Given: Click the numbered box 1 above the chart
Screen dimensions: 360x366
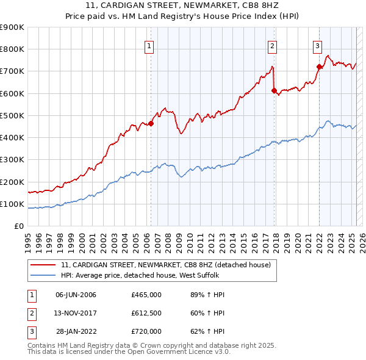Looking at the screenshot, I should (149, 45).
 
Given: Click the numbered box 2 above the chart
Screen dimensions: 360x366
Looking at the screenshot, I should (272, 45).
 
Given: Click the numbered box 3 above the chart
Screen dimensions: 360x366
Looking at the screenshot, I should (318, 45).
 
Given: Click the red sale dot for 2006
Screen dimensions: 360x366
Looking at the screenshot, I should (151, 123).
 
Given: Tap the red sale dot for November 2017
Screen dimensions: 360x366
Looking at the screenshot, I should (274, 91).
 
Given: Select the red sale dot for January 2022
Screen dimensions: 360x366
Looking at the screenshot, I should (319, 67).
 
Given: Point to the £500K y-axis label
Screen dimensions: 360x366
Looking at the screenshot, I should (12, 115).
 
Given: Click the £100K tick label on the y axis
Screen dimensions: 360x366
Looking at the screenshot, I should (12, 204).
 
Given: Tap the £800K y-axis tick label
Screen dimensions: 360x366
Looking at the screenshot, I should (12, 49).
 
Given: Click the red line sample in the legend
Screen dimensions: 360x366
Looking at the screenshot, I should (43, 265).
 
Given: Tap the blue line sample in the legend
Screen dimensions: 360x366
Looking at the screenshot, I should (43, 275).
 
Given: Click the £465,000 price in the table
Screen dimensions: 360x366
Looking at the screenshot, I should (146, 295).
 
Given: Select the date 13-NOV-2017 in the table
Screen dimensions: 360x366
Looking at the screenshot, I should (76, 313).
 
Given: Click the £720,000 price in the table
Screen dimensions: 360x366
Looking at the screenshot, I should (146, 331).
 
